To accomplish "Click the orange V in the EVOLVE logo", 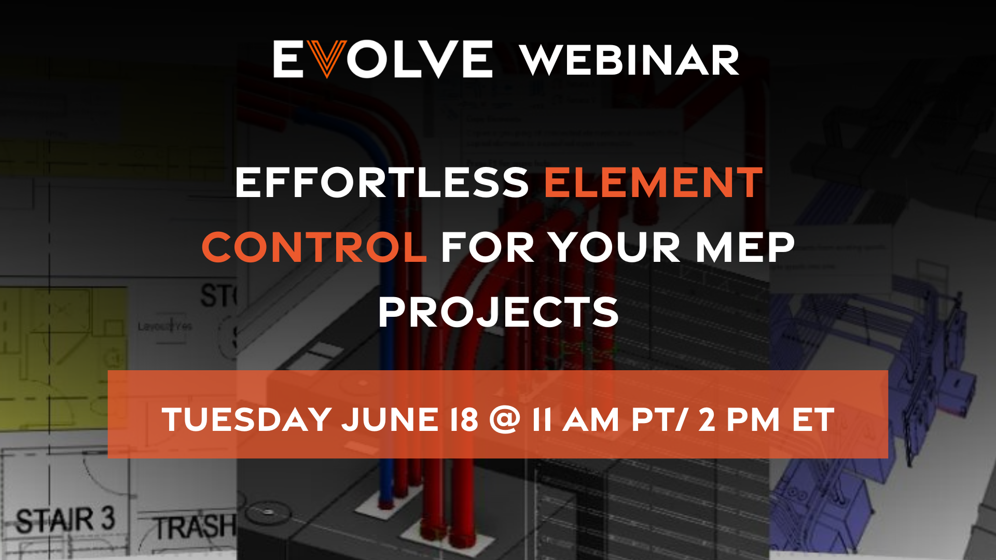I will [327, 59].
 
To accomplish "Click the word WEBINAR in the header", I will [629, 60].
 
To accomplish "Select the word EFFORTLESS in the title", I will [382, 183].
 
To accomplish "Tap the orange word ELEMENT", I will [653, 183].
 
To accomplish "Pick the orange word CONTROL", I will [314, 247].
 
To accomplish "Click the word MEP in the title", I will [744, 247].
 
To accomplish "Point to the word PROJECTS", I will [498, 312].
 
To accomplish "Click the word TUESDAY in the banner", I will [247, 419].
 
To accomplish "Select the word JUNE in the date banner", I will [390, 419].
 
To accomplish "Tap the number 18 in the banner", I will [464, 419].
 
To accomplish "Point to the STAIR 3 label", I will [65, 520].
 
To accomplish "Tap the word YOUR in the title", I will [615, 247].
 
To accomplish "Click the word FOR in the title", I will [488, 247].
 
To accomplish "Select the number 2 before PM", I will [707, 419].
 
